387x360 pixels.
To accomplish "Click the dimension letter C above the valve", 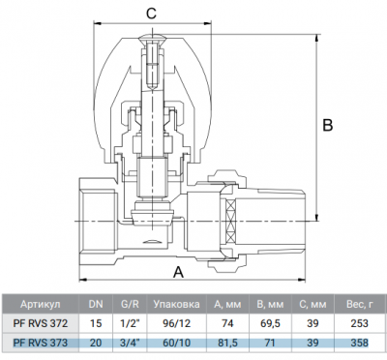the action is pos(151,14).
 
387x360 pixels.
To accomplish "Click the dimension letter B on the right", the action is pos(328,125).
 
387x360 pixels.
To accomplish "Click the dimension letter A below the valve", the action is pos(178,272).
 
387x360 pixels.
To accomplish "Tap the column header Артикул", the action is pos(41,304).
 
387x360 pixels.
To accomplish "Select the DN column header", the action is pos(96,304).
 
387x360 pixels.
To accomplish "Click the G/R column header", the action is pos(130,304).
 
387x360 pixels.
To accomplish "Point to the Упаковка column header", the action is pos(176,304).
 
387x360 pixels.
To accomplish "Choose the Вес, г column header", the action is pos(360,304).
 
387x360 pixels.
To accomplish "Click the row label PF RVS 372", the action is pos(41,323).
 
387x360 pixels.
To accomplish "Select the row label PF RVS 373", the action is pos(41,342).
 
